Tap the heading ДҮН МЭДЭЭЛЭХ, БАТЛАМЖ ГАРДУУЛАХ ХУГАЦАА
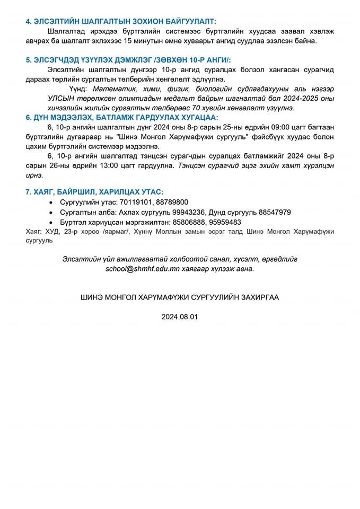click(x=121, y=117)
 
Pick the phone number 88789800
click(x=172, y=202)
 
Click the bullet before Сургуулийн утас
click(x=51, y=203)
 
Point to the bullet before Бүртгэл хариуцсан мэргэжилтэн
click(x=51, y=223)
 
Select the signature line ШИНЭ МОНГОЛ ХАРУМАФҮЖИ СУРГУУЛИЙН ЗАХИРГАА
click(x=180, y=298)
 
